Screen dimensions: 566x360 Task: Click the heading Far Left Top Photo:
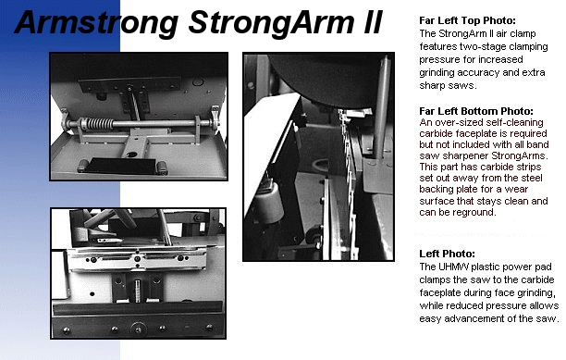click(467, 20)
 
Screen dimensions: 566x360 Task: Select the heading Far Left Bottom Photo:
click(476, 111)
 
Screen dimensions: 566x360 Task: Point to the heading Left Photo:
click(447, 254)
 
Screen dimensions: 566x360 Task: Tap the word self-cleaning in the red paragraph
click(515, 123)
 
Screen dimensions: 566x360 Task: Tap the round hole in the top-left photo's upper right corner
click(197, 81)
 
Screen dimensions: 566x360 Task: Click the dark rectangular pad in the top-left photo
click(122, 166)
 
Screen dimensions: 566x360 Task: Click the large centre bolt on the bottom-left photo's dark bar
click(138, 329)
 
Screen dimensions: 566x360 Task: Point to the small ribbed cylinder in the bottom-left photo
click(137, 290)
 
